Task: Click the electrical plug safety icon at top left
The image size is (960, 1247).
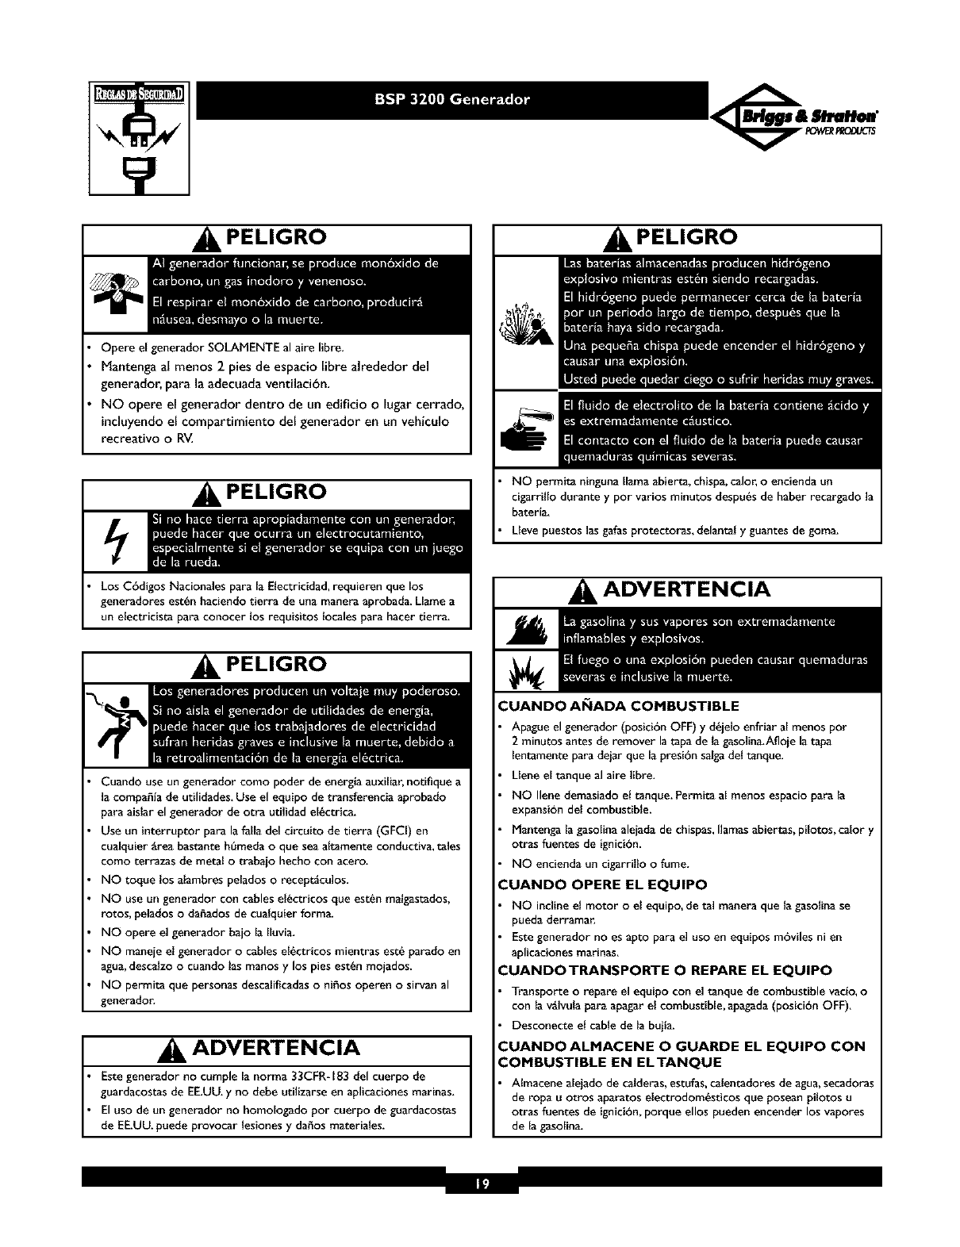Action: [x=139, y=139]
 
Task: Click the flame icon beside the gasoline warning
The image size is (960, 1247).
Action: [x=524, y=631]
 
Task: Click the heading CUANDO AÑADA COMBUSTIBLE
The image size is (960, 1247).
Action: [x=618, y=706]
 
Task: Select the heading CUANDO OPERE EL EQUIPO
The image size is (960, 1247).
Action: [x=602, y=884]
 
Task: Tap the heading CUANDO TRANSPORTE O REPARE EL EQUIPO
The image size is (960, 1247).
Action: [x=665, y=970]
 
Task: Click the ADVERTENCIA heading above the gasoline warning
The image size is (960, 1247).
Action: [x=687, y=590]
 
